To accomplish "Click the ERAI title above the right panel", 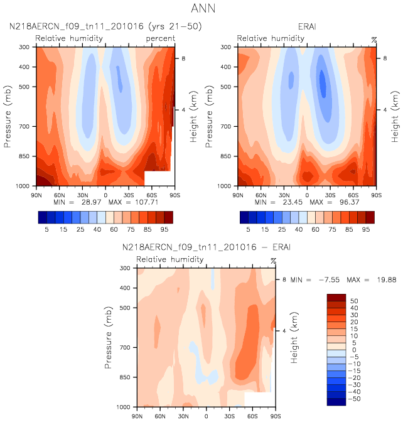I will click(x=307, y=27).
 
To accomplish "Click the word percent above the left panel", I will click(x=160, y=39).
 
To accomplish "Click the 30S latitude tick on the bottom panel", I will click(x=230, y=416).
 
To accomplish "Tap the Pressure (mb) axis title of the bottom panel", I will click(x=107, y=337).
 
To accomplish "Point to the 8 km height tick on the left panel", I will click(x=183, y=58).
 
